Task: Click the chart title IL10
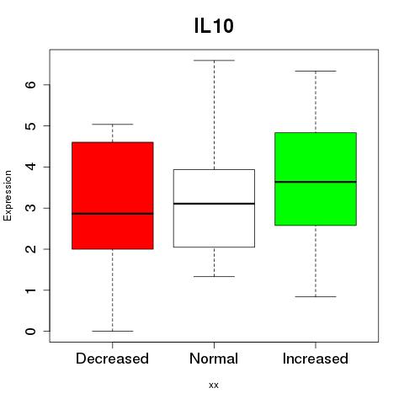click(x=214, y=26)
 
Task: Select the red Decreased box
click(x=113, y=195)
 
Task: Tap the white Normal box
click(x=214, y=208)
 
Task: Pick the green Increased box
click(x=316, y=178)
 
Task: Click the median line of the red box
click(x=113, y=214)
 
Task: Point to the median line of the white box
click(x=214, y=204)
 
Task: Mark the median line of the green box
click(x=316, y=182)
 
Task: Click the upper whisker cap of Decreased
click(x=113, y=124)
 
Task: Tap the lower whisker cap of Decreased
click(x=113, y=331)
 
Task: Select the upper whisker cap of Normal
click(x=214, y=61)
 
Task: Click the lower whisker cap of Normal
click(x=214, y=277)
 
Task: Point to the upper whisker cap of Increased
click(x=316, y=71)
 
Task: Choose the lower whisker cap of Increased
click(x=316, y=296)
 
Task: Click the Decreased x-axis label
click(x=112, y=359)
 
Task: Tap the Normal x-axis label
click(x=214, y=359)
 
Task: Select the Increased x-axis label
click(x=316, y=359)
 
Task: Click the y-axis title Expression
click(x=8, y=195)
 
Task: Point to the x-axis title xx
click(x=214, y=385)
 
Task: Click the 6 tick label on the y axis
click(x=31, y=84)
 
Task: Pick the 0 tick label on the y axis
click(x=31, y=332)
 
